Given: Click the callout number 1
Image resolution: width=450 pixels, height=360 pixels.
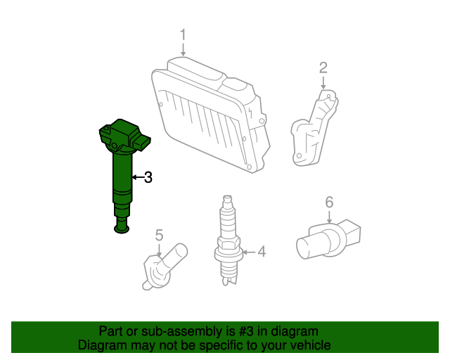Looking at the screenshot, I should (x=183, y=34).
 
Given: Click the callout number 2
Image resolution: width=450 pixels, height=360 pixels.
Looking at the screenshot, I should (x=323, y=67).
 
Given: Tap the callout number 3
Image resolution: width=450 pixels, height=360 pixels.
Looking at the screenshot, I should (x=148, y=178).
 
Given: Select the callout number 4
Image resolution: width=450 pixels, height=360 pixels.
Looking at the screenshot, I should (x=262, y=251).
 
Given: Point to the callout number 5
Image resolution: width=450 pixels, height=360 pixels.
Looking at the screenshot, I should (x=159, y=235).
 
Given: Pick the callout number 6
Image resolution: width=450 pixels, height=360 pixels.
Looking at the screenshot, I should (x=328, y=203).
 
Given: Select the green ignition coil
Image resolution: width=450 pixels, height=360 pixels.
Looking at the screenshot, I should (x=122, y=169).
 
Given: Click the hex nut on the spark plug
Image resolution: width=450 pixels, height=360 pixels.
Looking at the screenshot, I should (x=227, y=245).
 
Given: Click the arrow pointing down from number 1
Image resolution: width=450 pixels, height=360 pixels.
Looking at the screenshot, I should (x=183, y=49).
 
